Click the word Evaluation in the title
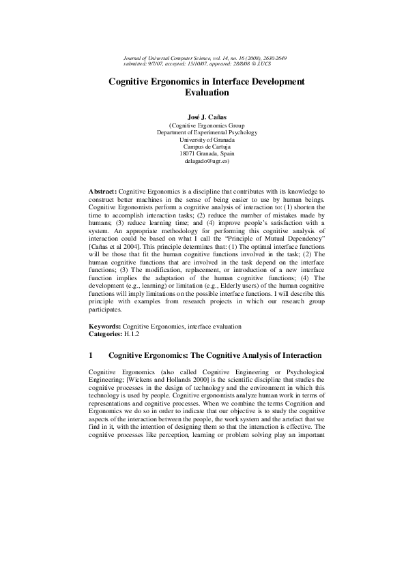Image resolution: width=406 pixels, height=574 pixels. [x=203, y=93]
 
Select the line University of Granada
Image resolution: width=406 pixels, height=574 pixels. [x=203, y=139]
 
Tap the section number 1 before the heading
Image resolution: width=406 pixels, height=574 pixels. [x=91, y=355]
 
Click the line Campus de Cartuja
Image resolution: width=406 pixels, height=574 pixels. [x=203, y=147]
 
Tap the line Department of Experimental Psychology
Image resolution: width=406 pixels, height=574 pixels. [x=203, y=132]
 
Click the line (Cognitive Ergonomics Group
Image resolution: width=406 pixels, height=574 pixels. [x=203, y=124]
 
